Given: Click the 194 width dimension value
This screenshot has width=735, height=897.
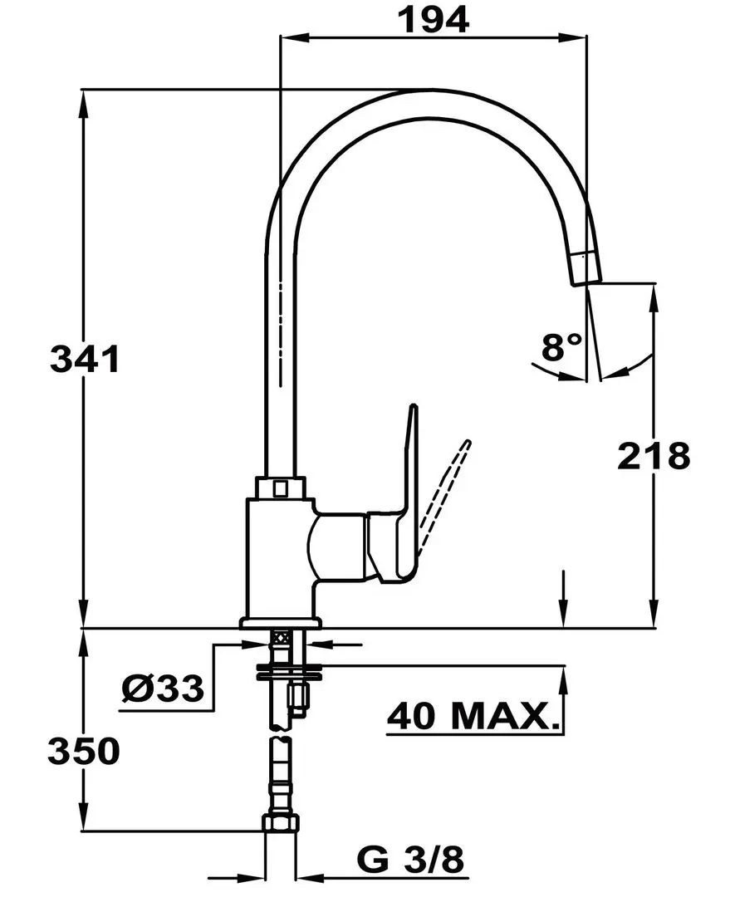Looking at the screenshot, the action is coord(433,20).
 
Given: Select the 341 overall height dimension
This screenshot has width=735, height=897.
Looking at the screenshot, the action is coord(86,360).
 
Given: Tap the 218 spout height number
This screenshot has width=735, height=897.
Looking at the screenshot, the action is coord(654,456).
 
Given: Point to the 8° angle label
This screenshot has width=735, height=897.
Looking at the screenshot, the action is coord(561,346).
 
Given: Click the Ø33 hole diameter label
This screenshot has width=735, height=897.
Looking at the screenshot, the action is coord(163,688).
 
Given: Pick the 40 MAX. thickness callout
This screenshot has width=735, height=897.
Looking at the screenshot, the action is coord(473,715).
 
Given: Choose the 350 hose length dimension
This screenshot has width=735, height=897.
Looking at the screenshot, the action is coord(84,751).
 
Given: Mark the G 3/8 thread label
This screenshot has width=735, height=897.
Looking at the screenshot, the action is coord(410,860).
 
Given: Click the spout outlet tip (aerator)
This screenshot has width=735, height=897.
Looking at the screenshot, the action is coord(586,267).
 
